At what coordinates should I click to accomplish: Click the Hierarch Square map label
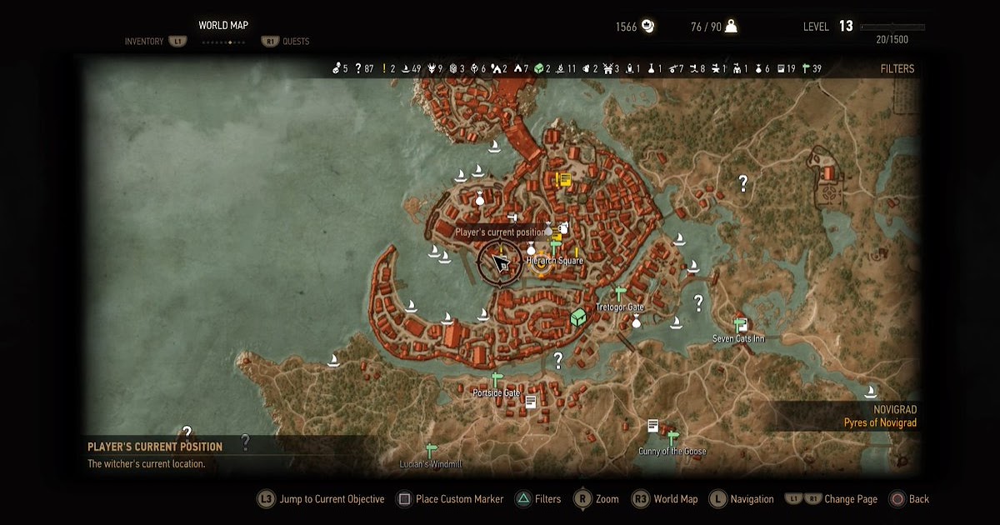(555, 261)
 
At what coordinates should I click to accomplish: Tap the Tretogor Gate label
(620, 307)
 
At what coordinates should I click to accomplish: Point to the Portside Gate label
(496, 392)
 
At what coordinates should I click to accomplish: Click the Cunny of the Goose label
(672, 452)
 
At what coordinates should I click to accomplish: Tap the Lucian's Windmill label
(431, 464)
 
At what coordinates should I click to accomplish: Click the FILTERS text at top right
(897, 69)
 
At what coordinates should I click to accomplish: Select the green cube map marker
(577, 317)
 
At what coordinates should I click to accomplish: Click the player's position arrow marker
(501, 263)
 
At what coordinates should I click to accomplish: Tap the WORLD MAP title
(223, 26)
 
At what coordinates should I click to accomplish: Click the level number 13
(846, 27)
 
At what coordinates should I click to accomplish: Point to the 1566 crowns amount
(626, 27)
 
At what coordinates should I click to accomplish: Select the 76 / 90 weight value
(706, 27)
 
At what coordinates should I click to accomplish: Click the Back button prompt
(918, 499)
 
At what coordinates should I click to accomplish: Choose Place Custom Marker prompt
(459, 499)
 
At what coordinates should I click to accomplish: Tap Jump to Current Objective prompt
(332, 499)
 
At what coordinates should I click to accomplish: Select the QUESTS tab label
(296, 42)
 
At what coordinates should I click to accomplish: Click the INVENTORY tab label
(144, 42)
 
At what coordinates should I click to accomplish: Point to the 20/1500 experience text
(892, 40)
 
